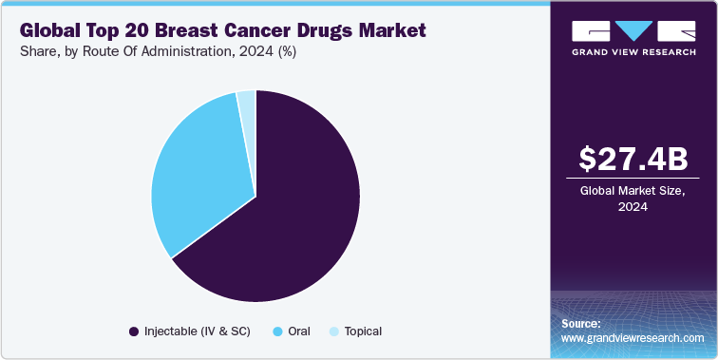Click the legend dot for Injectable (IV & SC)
[134, 332]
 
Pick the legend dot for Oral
[277, 332]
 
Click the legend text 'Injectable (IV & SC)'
[199, 332]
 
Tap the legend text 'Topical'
[363, 332]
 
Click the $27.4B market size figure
[633, 158]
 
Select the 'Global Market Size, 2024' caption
[633, 198]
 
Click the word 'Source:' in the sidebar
[581, 323]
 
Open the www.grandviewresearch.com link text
[632, 337]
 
